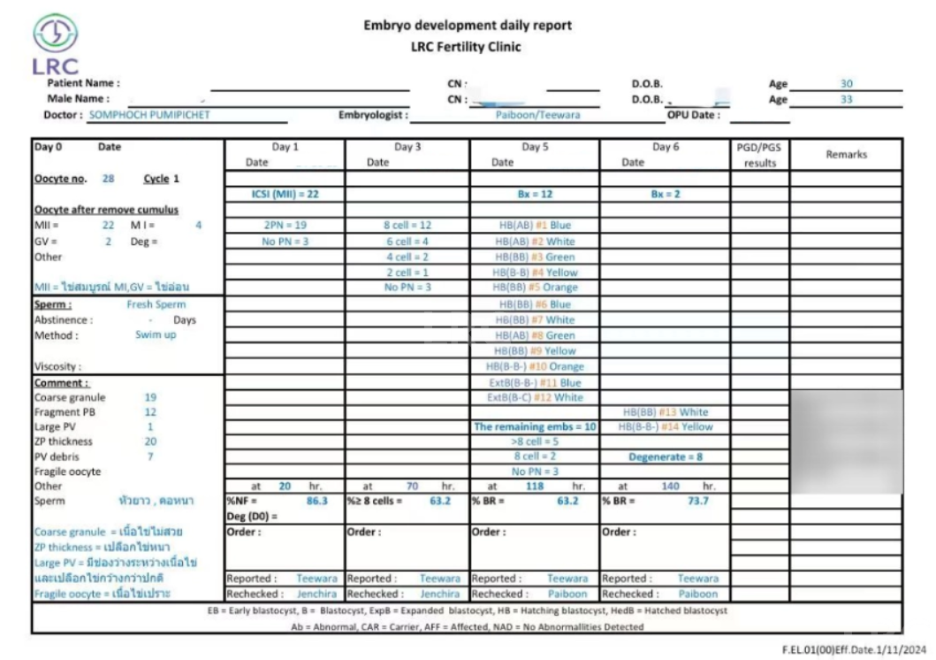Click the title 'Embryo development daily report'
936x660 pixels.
tap(468, 26)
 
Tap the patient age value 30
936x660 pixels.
tap(846, 83)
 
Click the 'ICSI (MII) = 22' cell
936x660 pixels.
tap(285, 194)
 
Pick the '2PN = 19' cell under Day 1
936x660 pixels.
tap(285, 225)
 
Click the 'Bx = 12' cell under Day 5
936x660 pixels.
tap(534, 194)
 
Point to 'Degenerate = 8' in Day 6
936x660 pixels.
tap(665, 457)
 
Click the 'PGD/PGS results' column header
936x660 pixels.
tap(759, 156)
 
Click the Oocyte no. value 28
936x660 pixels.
tap(108, 179)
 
